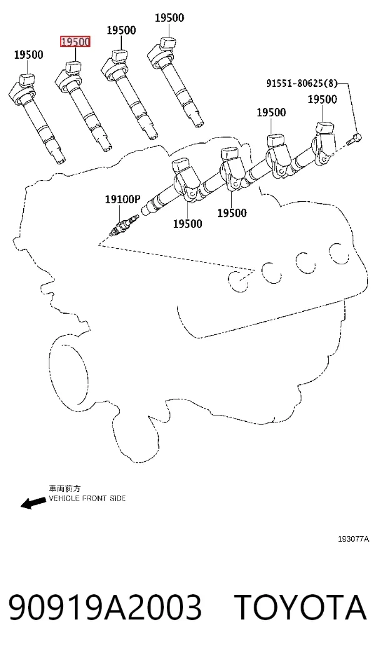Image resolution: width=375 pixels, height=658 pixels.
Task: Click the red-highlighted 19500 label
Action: tap(75, 42)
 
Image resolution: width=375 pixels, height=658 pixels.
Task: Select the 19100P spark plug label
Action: tap(122, 199)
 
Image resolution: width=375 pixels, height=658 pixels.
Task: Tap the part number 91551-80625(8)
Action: tap(301, 83)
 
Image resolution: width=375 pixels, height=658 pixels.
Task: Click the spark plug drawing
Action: tap(123, 224)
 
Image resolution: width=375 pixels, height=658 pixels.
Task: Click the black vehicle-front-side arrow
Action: tap(34, 502)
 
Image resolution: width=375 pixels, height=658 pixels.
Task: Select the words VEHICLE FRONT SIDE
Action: tap(87, 499)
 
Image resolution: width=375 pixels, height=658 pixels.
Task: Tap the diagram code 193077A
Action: tap(354, 539)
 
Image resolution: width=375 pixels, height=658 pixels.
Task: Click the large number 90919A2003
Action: tap(105, 607)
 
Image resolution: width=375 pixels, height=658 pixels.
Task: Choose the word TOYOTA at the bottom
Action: tap(300, 607)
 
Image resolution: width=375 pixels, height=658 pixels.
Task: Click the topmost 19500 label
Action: tap(169, 18)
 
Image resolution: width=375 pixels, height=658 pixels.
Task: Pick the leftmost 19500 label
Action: tap(29, 54)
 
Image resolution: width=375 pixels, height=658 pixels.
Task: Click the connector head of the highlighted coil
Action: tap(73, 67)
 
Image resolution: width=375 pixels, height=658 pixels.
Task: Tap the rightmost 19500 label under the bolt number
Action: tap(322, 99)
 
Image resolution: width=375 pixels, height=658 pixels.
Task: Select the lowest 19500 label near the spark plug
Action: tap(187, 224)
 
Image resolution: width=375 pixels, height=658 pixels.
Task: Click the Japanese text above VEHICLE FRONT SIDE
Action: tap(64, 489)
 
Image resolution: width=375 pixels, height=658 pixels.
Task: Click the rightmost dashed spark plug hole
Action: tap(339, 253)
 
